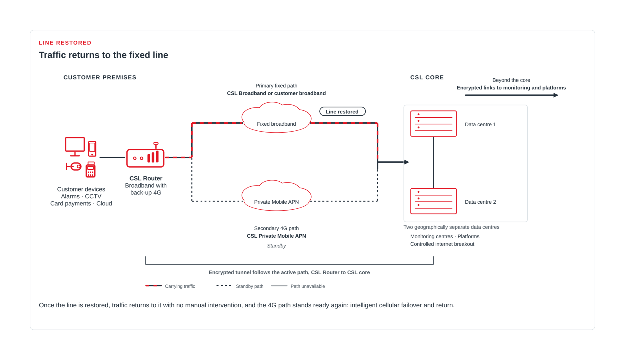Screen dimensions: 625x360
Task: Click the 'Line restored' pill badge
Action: [x=342, y=111]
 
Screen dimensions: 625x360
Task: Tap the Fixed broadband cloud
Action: [x=276, y=118]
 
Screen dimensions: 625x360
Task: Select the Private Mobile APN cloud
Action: [x=276, y=196]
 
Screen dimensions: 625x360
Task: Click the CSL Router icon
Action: [x=145, y=155]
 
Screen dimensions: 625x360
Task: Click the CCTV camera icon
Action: [x=74, y=166]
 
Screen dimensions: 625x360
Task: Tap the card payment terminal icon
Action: [x=90, y=169]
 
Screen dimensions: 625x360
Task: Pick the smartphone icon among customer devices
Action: [x=92, y=149]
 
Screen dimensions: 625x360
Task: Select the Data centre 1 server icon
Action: [x=433, y=124]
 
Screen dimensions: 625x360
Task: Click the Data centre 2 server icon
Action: [x=433, y=201]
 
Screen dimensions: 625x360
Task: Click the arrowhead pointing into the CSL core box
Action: [x=407, y=162]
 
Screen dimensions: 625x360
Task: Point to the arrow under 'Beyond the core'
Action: [x=511, y=95]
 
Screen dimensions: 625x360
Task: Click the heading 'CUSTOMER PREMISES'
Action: [x=100, y=77]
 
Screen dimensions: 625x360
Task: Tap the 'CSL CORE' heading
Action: [x=427, y=77]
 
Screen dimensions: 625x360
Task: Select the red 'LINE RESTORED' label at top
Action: [x=65, y=43]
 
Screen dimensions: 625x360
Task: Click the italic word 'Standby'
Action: [x=276, y=246]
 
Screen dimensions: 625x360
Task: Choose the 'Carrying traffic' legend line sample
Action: [x=154, y=286]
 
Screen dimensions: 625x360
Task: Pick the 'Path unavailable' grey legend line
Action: [x=279, y=286]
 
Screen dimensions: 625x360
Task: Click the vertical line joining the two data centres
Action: [x=433, y=162]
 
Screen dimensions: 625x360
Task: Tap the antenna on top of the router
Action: [x=156, y=145]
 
